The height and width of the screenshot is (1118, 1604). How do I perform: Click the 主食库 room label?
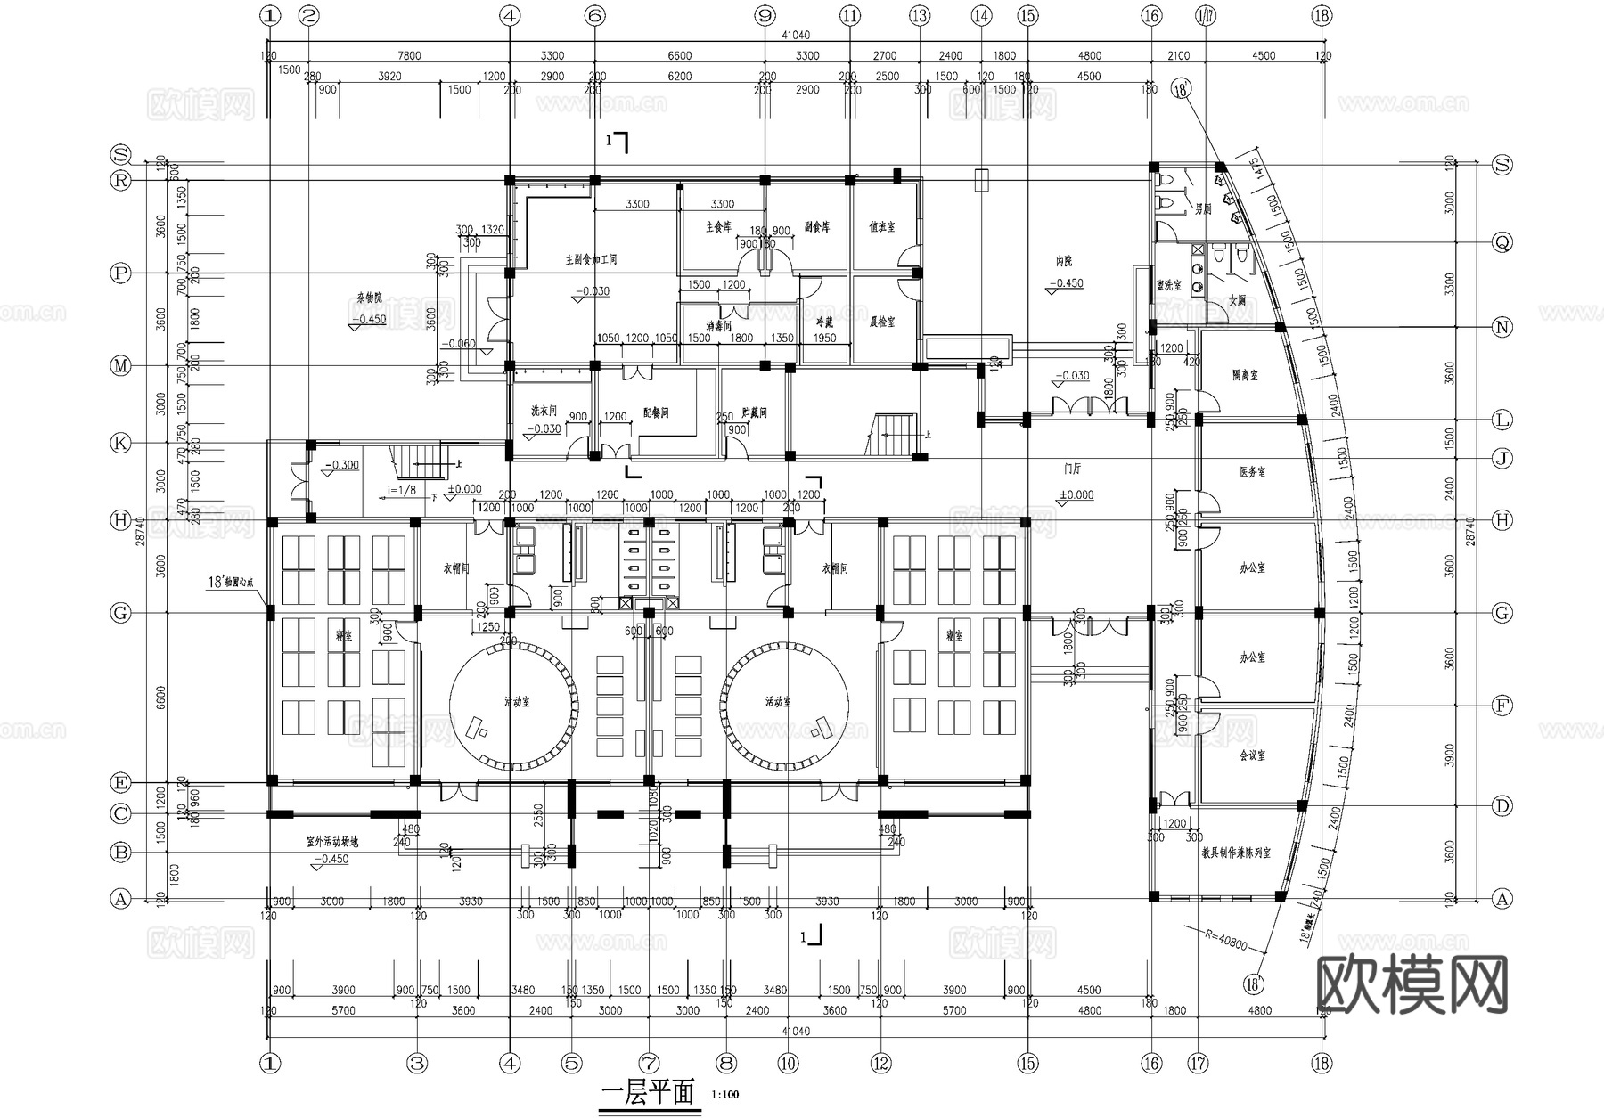(x=718, y=227)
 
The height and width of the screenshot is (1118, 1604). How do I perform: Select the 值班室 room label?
(x=881, y=227)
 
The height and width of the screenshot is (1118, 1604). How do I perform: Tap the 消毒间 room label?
(x=718, y=325)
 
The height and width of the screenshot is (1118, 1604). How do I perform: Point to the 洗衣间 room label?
(x=544, y=412)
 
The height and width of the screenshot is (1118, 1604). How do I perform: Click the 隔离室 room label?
(x=1245, y=376)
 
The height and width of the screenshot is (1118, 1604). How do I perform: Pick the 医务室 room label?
(x=1252, y=472)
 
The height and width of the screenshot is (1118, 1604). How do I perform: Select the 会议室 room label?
(x=1252, y=755)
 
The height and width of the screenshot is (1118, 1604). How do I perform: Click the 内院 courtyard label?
(x=1064, y=262)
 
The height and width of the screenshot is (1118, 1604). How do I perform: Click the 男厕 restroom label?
(x=1203, y=209)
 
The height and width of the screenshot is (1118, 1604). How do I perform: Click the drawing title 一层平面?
(x=648, y=1093)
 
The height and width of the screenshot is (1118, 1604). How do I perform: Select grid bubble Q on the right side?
(x=1502, y=242)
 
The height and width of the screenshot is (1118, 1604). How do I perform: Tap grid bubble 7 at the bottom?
(x=649, y=1063)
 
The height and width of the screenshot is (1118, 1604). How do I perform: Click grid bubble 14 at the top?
(x=981, y=15)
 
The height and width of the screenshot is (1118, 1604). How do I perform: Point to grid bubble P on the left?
(x=120, y=273)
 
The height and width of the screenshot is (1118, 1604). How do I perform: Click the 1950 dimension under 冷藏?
(x=825, y=339)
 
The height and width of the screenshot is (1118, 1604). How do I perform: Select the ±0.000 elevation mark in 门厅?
(x=1076, y=495)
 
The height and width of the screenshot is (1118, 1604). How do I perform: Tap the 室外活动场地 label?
(x=332, y=841)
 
